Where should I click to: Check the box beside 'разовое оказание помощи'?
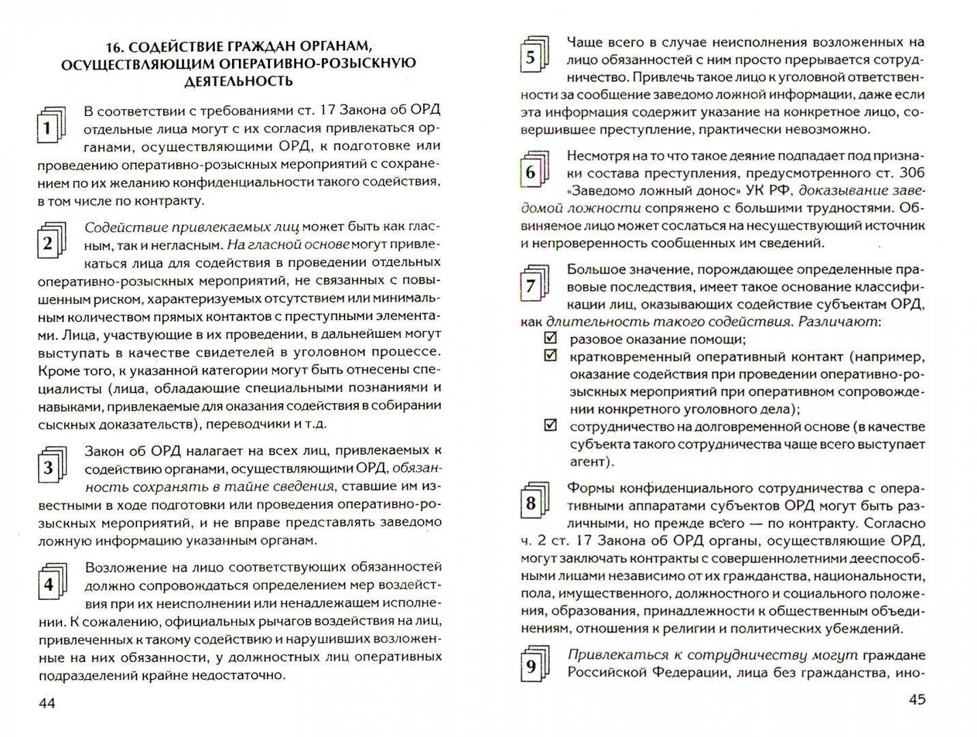[x=550, y=338]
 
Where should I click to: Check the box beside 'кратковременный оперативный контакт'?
[x=550, y=356]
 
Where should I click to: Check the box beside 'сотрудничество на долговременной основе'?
[x=550, y=426]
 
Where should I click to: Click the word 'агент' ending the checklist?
[x=587, y=462]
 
